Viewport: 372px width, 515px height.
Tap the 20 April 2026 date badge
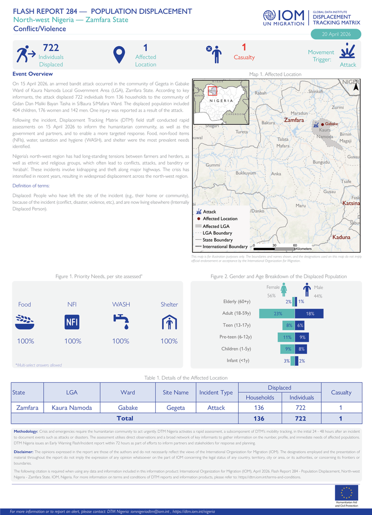[x=335, y=34]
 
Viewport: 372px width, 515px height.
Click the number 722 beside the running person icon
[x=50, y=48]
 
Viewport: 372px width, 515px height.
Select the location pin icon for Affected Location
[x=119, y=55]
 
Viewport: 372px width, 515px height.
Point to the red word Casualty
[x=244, y=57]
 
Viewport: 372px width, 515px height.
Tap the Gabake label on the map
[x=331, y=124]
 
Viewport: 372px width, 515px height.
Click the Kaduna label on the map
[x=341, y=237]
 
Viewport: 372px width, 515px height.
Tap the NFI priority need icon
[x=72, y=322]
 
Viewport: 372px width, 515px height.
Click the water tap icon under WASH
[x=121, y=321]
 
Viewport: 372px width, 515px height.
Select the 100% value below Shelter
[x=169, y=341]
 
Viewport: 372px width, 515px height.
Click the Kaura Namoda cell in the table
[x=72, y=408]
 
